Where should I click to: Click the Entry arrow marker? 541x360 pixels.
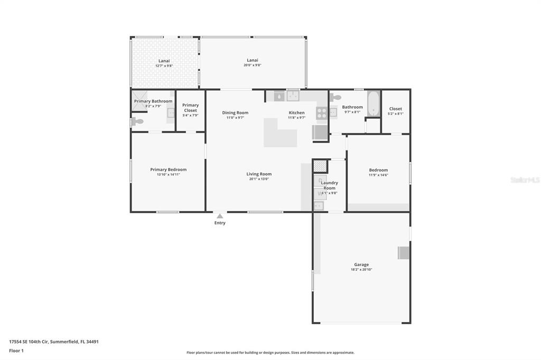(220, 216)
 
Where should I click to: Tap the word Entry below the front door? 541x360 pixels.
(220, 223)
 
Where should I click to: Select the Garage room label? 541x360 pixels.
(361, 264)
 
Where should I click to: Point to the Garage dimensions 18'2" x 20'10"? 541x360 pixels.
(361, 270)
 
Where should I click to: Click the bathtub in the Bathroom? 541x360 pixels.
(374, 103)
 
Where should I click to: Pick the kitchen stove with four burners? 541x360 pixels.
(321, 112)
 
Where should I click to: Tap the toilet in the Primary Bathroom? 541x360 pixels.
(137, 121)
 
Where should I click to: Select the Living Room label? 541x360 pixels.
(259, 174)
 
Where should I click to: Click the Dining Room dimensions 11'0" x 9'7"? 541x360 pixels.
(235, 118)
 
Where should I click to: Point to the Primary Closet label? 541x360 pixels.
(190, 108)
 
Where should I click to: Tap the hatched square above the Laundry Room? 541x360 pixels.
(320, 166)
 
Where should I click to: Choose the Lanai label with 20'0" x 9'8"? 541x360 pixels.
(253, 60)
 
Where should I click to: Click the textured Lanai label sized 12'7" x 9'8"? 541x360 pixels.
(164, 61)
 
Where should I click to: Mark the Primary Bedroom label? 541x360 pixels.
(168, 169)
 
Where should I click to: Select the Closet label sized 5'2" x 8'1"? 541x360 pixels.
(395, 108)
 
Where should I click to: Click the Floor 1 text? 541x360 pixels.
(16, 350)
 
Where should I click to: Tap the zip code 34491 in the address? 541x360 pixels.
(92, 342)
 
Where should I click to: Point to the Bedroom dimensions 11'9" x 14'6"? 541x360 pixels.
(378, 175)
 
